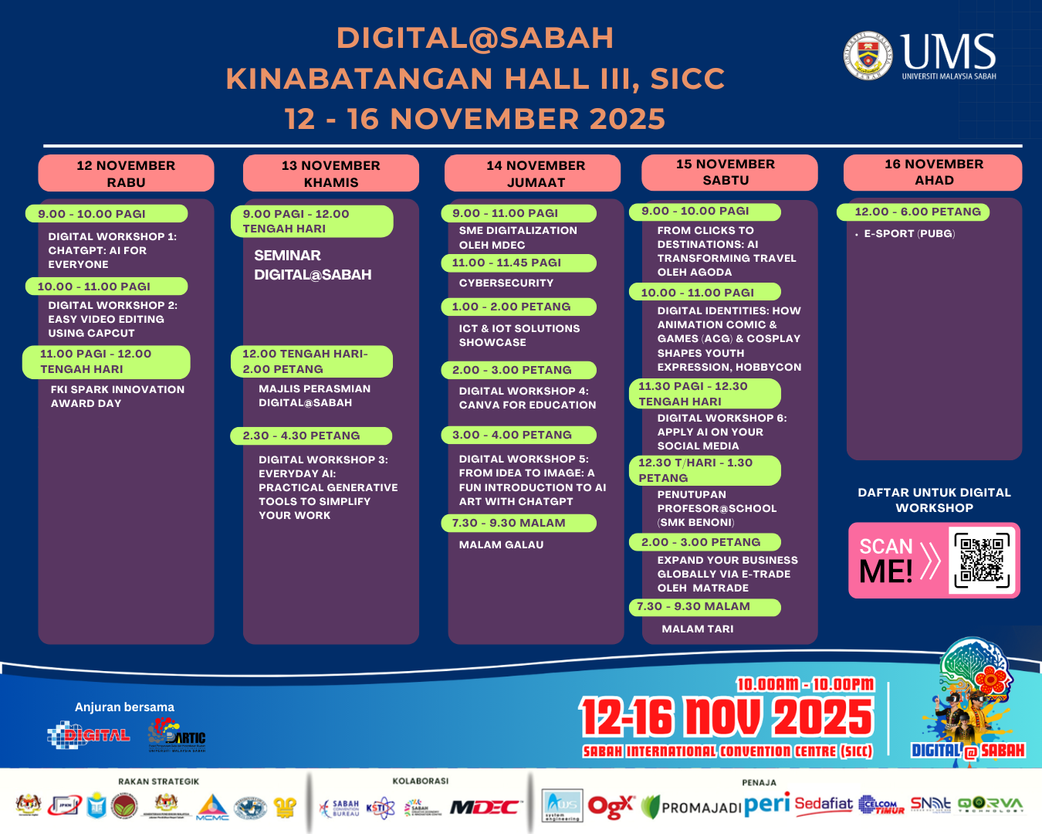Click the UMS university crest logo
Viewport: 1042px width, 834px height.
pyautogui.click(x=868, y=55)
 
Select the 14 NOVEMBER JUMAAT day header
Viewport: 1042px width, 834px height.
pyautogui.click(x=535, y=173)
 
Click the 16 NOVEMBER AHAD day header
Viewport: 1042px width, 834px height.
pyautogui.click(x=933, y=171)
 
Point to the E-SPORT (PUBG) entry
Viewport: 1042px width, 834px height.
pyautogui.click(x=908, y=233)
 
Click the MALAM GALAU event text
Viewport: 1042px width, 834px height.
pyautogui.click(x=501, y=544)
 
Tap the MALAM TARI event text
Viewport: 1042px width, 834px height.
pyautogui.click(x=697, y=629)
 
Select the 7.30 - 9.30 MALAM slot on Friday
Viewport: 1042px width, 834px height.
pyautogui.click(x=509, y=523)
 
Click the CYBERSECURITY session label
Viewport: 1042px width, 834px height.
pyautogui.click(x=506, y=283)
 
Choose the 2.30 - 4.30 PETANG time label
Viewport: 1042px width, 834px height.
pyautogui.click(x=301, y=436)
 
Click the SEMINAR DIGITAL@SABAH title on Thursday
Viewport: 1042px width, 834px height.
pyautogui.click(x=312, y=265)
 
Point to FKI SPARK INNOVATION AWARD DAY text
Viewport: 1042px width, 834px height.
pyautogui.click(x=117, y=396)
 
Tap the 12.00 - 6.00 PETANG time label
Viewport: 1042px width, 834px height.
pyautogui.click(x=917, y=212)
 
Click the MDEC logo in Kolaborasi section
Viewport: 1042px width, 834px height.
pyautogui.click(x=485, y=807)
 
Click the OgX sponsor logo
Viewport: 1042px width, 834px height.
pyautogui.click(x=611, y=806)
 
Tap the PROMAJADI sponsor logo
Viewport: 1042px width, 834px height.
pyautogui.click(x=692, y=807)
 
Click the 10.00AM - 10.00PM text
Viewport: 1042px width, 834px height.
pyautogui.click(x=805, y=684)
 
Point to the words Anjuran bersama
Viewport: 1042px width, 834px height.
pyautogui.click(x=124, y=707)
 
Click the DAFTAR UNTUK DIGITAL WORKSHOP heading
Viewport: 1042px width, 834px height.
pyautogui.click(x=934, y=500)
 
